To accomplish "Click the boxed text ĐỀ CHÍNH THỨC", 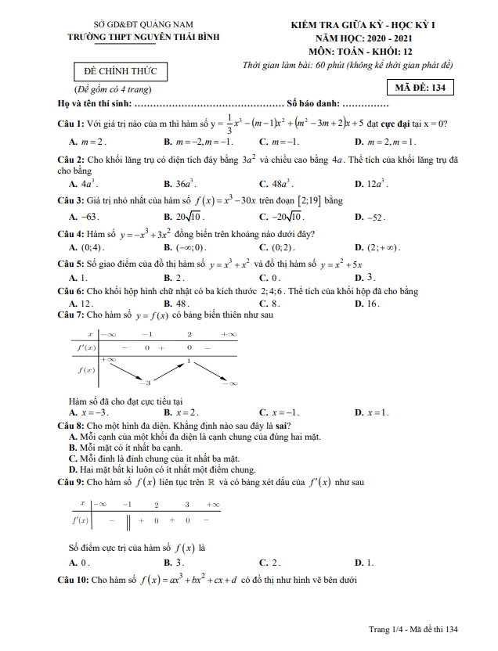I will pyautogui.click(x=121, y=72).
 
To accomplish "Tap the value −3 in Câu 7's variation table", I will pyautogui.click(x=144, y=383).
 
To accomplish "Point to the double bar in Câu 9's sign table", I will pyautogui.click(x=127, y=520).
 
